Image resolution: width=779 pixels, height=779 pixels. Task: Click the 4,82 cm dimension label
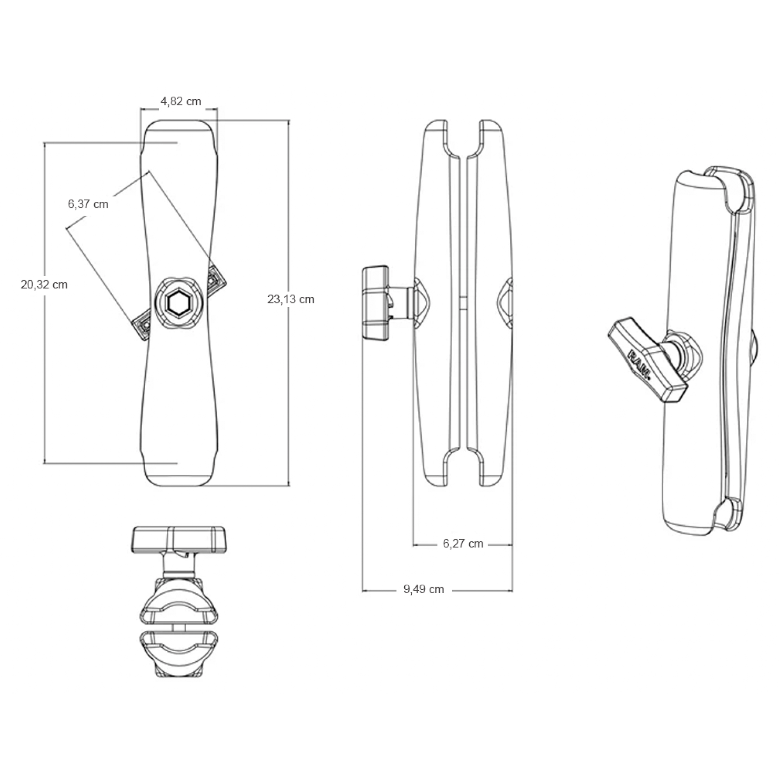click(181, 101)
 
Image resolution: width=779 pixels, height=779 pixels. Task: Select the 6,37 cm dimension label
click(88, 204)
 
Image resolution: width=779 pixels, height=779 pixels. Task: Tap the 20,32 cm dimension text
click(44, 285)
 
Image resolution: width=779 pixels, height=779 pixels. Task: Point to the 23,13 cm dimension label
click(291, 299)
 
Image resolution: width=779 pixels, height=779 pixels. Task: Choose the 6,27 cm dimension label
click(463, 544)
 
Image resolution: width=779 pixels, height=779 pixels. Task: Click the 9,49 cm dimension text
click(423, 589)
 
